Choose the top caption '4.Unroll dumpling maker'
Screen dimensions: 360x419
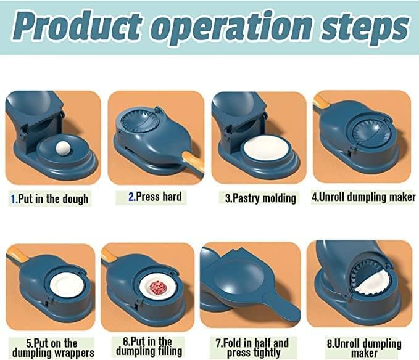pyautogui.click(x=363, y=197)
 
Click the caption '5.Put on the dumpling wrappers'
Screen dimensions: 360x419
pyautogui.click(x=52, y=348)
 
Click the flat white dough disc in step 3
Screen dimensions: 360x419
pyautogui.click(x=263, y=149)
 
